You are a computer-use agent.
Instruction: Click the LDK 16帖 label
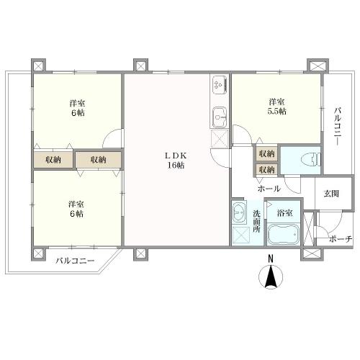[x=176, y=161]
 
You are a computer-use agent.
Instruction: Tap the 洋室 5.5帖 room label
[x=277, y=107]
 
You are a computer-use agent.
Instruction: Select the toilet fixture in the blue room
[x=310, y=159]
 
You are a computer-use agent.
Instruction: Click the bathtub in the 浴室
[x=283, y=233]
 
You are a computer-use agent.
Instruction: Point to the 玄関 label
[x=331, y=194]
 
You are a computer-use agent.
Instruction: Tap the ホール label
[x=269, y=189]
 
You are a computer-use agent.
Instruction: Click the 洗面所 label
[x=256, y=221]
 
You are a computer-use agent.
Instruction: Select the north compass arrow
[x=271, y=276]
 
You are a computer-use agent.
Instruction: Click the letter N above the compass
[x=271, y=258]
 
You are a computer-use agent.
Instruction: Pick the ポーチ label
[x=341, y=239]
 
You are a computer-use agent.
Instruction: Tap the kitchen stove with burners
[x=219, y=85]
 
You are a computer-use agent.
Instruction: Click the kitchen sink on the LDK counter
[x=220, y=117]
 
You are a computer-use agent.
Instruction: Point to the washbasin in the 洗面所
[x=239, y=212]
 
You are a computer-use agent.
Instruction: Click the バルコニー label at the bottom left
[x=75, y=261]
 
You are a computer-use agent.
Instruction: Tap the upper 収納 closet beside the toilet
[x=266, y=154]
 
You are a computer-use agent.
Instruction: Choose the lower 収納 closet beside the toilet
[x=266, y=170]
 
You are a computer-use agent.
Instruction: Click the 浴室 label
[x=284, y=213]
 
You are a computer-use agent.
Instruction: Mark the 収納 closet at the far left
[x=53, y=160]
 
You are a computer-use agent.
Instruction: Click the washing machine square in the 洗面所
[x=241, y=235]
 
